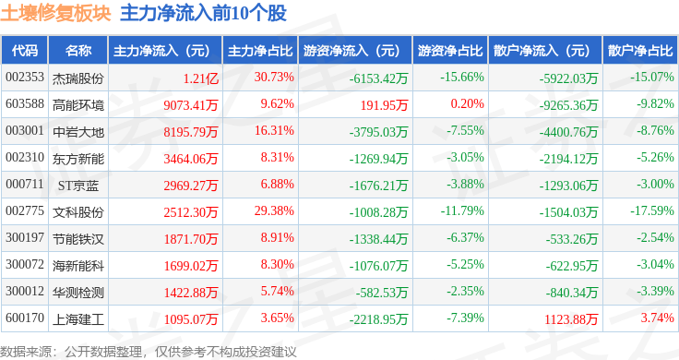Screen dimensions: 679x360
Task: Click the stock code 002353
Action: point(25,78)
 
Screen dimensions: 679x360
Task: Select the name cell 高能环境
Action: point(78,105)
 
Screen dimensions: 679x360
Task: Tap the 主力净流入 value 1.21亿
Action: point(200,78)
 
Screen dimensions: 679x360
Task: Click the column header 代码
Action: point(25,51)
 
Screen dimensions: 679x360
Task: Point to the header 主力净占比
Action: point(260,51)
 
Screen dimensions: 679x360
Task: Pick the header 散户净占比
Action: point(640,51)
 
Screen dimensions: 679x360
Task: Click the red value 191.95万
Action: point(384,105)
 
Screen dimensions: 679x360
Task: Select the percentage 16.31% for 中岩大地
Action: point(274,130)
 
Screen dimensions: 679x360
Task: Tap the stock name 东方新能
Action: point(78,159)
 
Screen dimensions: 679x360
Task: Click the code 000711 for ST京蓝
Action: point(25,184)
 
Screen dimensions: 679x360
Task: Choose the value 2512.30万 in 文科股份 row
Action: point(191,211)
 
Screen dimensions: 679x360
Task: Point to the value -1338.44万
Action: point(379,239)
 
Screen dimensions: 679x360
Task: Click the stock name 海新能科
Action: point(78,266)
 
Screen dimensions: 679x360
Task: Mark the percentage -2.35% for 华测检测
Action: point(465,291)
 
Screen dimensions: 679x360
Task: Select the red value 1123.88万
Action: point(571,319)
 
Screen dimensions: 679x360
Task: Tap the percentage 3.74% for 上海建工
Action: point(658,318)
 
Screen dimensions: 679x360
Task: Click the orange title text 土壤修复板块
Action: point(56,14)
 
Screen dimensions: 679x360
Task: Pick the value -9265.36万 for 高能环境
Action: point(568,105)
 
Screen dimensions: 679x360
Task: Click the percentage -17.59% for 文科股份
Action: point(652,211)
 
